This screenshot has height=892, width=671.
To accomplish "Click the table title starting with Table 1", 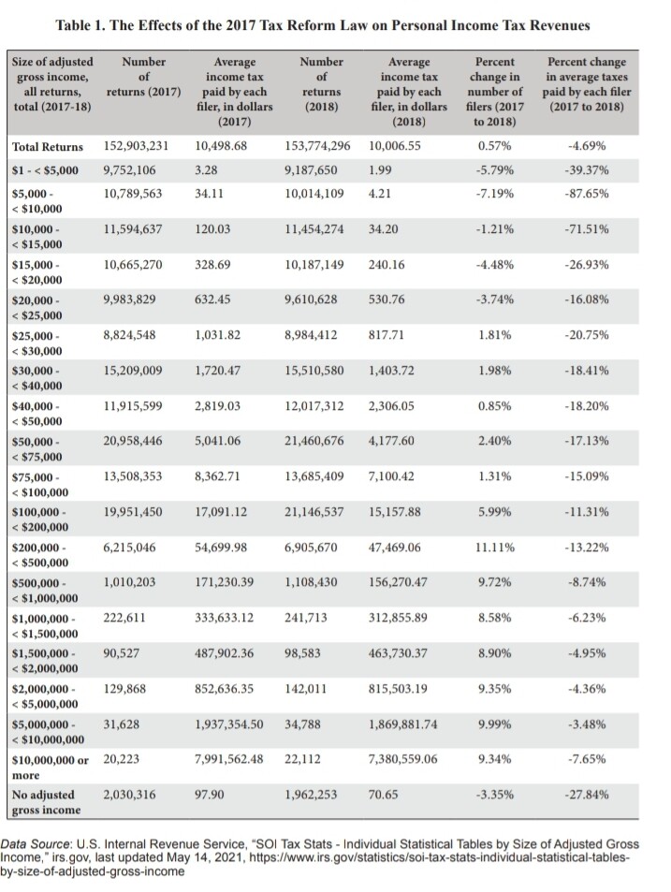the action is tap(323, 25).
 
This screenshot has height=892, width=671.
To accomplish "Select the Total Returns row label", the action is tap(47, 147).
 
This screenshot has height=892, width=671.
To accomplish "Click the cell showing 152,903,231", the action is tap(136, 146).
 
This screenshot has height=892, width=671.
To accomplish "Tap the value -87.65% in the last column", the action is tap(586, 194).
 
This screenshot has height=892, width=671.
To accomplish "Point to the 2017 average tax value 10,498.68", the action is tap(221, 146).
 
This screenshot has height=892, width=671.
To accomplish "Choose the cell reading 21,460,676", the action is tap(314, 441).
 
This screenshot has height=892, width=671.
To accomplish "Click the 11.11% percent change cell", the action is tap(495, 548).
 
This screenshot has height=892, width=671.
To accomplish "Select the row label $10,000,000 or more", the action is tap(50, 768).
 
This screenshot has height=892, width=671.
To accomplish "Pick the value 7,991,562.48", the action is tap(228, 759).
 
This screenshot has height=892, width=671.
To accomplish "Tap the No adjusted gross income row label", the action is tap(46, 802).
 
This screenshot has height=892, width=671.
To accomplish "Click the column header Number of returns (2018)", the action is tap(321, 84).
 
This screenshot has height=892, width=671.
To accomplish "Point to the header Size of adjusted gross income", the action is tap(52, 84).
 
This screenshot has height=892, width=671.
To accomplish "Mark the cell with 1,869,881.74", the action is tap(403, 724).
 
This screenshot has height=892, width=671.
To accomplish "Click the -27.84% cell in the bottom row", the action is tap(586, 795).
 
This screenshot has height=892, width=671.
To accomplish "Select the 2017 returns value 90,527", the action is tap(121, 653).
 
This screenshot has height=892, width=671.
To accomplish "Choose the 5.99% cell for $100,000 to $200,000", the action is tap(495, 512).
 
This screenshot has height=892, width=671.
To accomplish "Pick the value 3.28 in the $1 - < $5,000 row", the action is tap(206, 170).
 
